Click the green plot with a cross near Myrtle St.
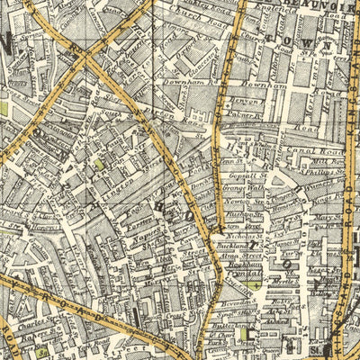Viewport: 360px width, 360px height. coord(257,284)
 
